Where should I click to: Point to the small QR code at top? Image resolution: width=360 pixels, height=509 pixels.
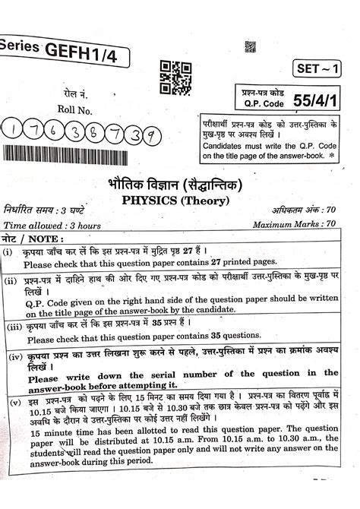coord(251,48)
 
